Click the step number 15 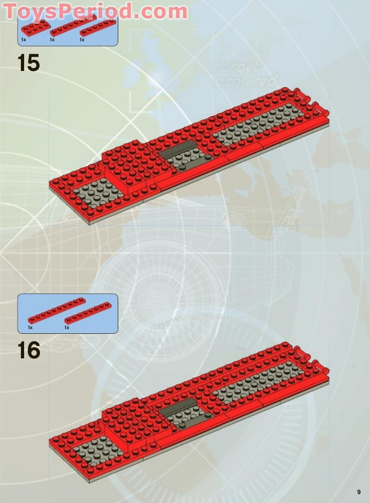point(29,63)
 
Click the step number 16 point(29,350)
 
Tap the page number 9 point(359,492)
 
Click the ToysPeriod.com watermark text point(96,11)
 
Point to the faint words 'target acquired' point(244,74)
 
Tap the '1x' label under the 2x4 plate point(23,40)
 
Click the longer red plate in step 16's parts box point(57,310)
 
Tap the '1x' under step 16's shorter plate point(67,328)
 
